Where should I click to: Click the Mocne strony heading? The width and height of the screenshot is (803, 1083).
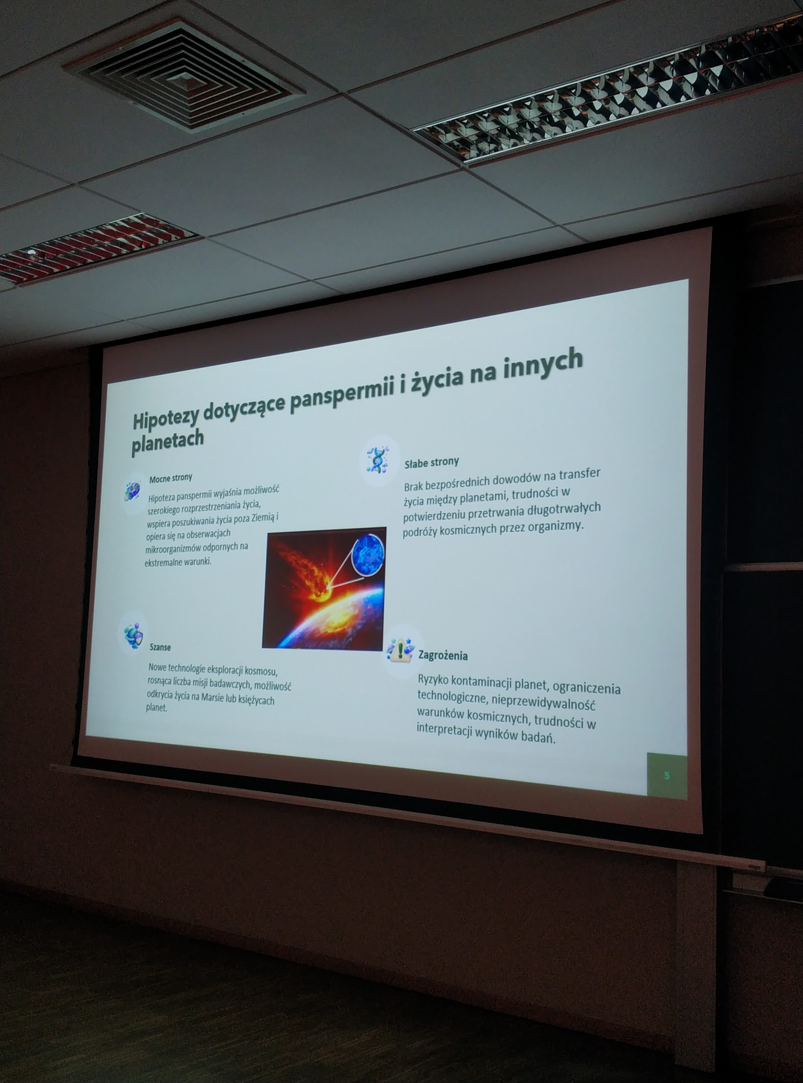[171, 478]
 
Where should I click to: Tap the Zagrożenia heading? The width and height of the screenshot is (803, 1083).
[443, 655]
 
